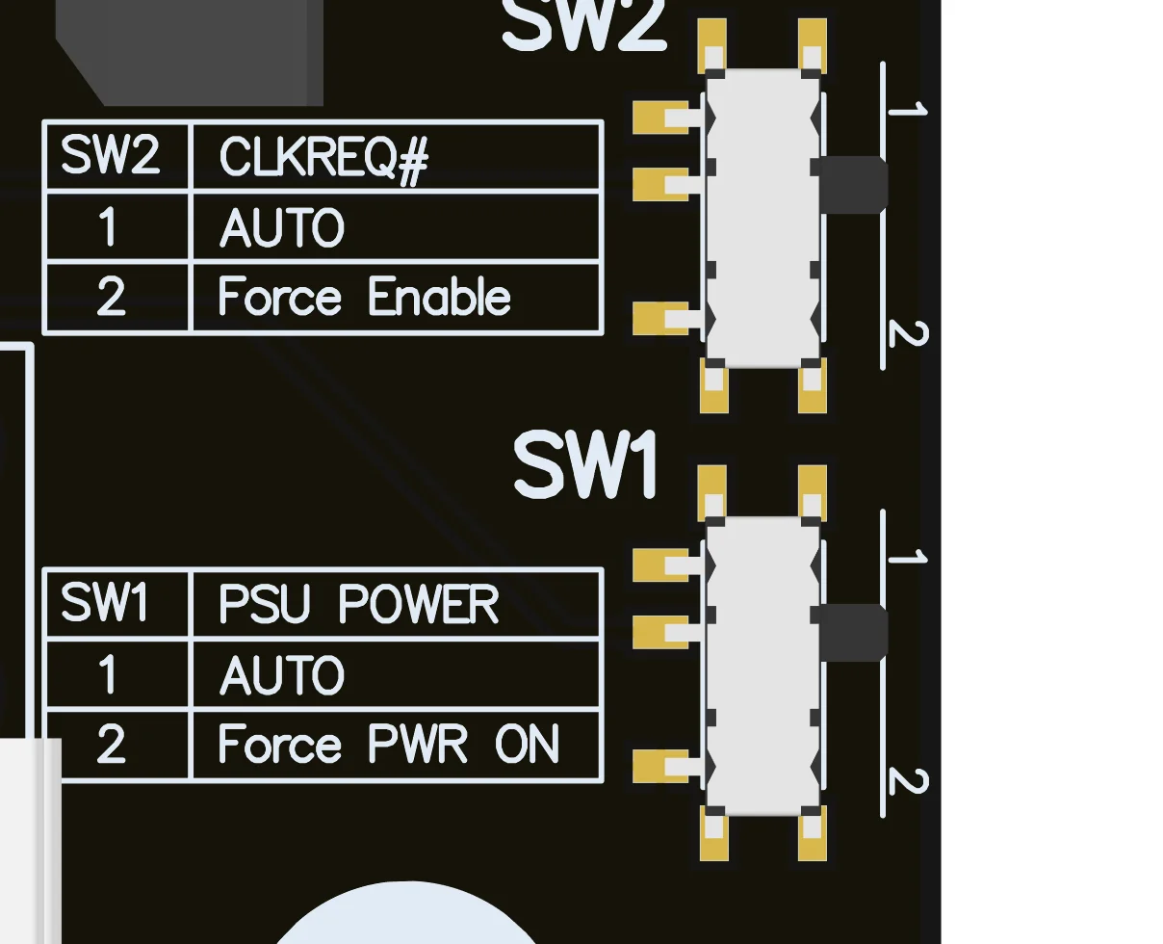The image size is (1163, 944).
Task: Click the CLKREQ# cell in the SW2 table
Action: pyautogui.click(x=397, y=156)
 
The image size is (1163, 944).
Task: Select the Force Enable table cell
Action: pyautogui.click(x=397, y=297)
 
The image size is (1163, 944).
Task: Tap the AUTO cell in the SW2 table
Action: pyautogui.click(x=397, y=227)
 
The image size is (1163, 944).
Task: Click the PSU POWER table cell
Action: pyautogui.click(x=397, y=604)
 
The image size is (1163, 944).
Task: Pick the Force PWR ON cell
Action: pyautogui.click(x=397, y=745)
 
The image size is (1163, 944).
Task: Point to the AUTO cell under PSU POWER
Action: pyautogui.click(x=397, y=674)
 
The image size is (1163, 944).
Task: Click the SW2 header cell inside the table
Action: pyautogui.click(x=117, y=156)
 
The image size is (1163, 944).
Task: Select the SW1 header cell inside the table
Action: pyautogui.click(x=117, y=604)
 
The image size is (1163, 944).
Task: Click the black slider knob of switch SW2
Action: pyautogui.click(x=853, y=184)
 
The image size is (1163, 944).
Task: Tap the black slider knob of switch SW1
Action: pyautogui.click(x=853, y=632)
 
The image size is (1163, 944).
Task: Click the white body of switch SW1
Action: pyautogui.click(x=762, y=665)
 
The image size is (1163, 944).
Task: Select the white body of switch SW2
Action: pyautogui.click(x=762, y=218)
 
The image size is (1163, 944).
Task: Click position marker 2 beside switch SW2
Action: pyautogui.click(x=907, y=334)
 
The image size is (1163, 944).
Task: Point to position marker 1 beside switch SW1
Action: pyautogui.click(x=907, y=557)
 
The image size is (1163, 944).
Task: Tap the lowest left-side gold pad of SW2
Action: pyautogui.click(x=660, y=318)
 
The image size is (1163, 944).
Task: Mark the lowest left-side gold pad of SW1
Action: pyautogui.click(x=660, y=766)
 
